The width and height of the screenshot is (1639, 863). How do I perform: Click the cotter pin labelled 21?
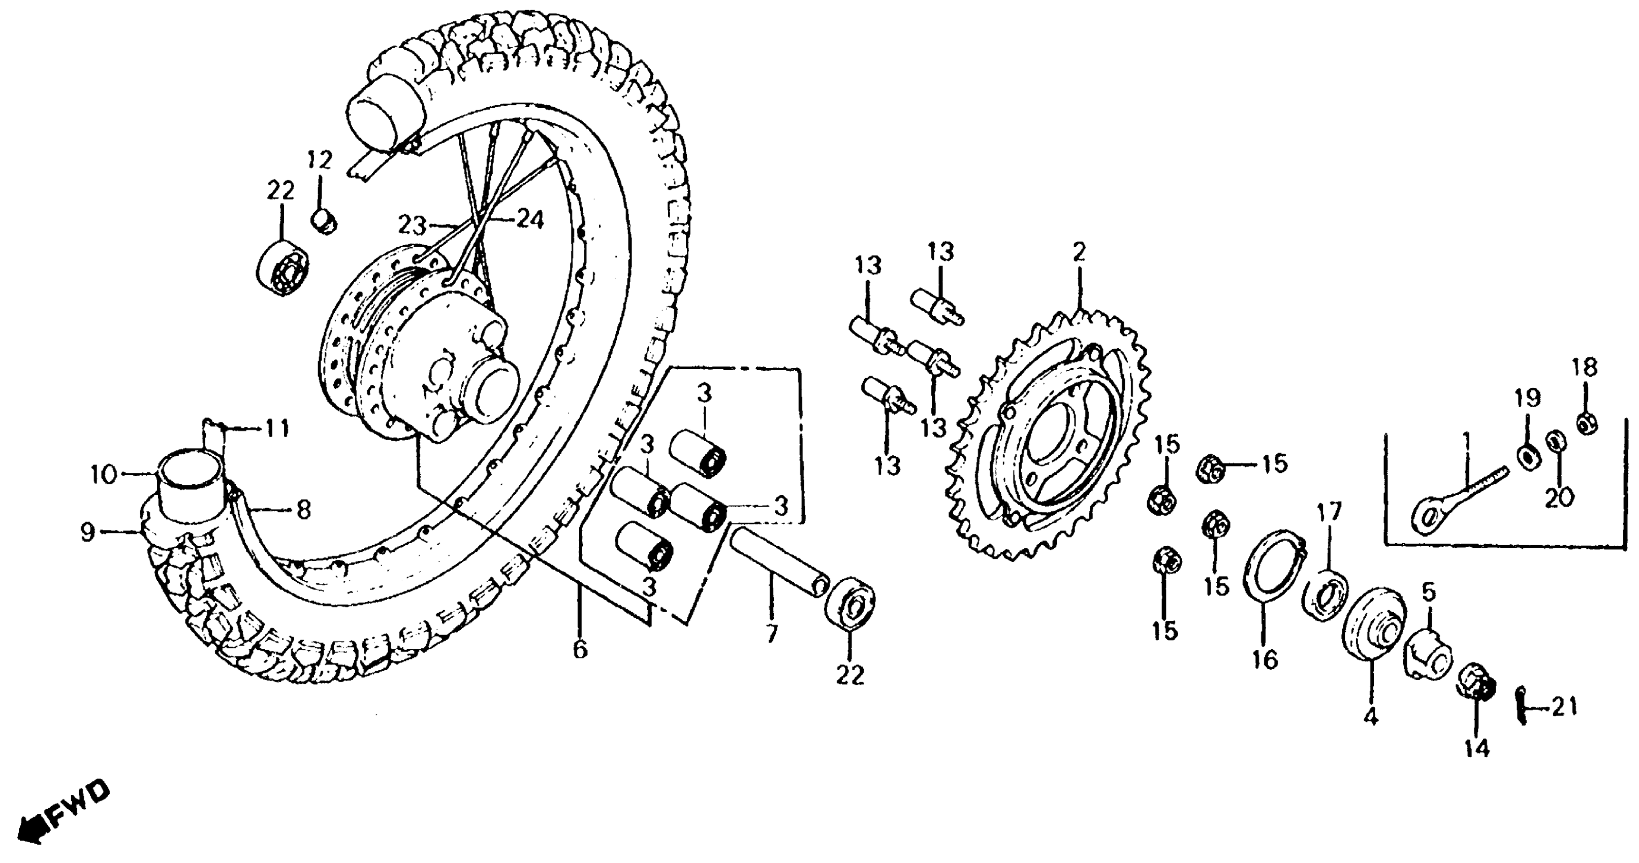(x=1522, y=706)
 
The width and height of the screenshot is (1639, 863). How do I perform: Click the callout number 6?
(x=580, y=650)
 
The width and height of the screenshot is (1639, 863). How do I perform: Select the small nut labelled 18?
(x=1587, y=423)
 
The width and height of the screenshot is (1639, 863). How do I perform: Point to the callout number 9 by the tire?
(x=87, y=532)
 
